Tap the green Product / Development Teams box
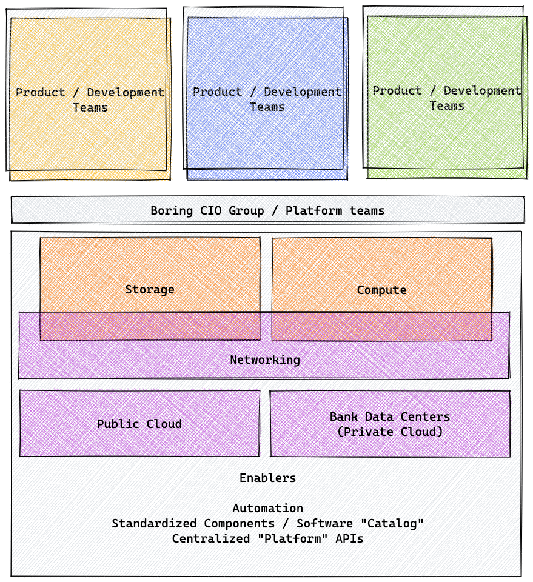(x=446, y=98)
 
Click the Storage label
(x=150, y=289)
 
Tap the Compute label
(x=381, y=290)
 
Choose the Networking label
(x=265, y=360)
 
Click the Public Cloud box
(x=139, y=424)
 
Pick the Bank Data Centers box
(x=390, y=424)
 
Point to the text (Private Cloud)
(x=390, y=432)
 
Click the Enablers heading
(x=267, y=478)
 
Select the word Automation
(x=267, y=508)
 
